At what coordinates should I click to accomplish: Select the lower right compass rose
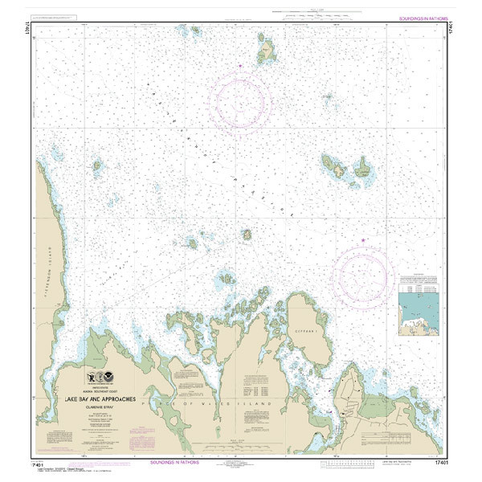click(366, 273)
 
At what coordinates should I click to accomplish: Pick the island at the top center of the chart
click(266, 55)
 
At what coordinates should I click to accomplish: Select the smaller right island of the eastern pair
click(363, 168)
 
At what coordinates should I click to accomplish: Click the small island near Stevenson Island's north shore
click(97, 167)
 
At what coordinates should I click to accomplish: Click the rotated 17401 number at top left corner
click(36, 27)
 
